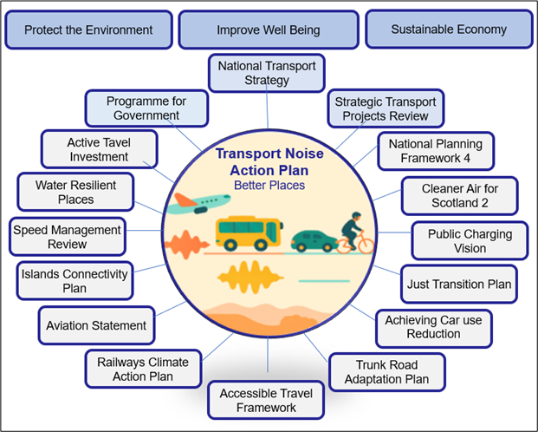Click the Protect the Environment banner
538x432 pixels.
pos(88,30)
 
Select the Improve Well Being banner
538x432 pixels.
pos(269,30)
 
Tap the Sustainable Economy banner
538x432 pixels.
pos(449,29)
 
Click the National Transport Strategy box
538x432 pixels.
pos(266,73)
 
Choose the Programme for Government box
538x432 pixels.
pos(146,108)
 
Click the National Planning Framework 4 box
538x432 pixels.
pos(435,151)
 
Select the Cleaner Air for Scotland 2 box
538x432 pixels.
pos(459,195)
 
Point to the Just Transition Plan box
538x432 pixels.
pos(459,284)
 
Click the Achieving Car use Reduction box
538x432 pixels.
pos(433,327)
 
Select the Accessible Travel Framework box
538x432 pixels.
pos(266,399)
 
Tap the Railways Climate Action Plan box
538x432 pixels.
pos(142,369)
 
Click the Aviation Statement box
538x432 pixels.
pos(97,326)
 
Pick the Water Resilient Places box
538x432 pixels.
pos(75,192)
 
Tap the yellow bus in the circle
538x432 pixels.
pos(250,232)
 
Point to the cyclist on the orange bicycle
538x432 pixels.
pos(355,234)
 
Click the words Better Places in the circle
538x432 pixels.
pos(269,185)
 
